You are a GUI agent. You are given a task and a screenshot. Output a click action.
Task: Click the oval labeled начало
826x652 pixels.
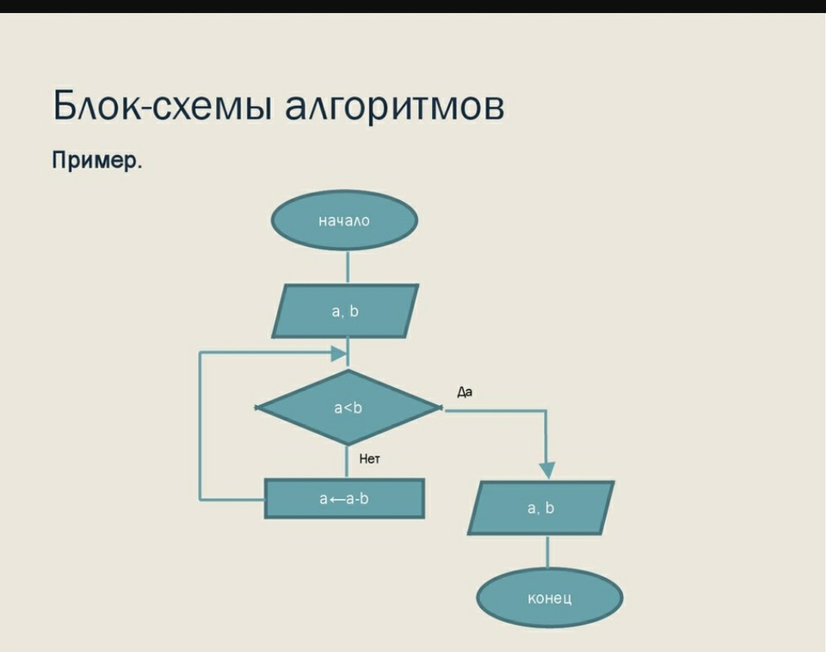point(344,220)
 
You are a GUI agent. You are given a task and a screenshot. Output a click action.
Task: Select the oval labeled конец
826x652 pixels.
point(550,598)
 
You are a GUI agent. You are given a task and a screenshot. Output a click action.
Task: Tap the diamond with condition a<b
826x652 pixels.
point(348,408)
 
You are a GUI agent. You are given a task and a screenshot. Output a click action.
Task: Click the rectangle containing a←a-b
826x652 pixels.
point(344,499)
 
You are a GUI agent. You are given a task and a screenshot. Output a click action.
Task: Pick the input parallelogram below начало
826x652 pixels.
point(345,311)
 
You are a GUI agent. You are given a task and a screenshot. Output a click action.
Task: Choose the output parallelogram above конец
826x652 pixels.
point(541,507)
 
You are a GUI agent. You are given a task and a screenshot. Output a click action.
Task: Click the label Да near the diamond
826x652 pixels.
point(465,392)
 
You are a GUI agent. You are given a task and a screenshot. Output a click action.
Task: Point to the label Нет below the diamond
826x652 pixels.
point(369,458)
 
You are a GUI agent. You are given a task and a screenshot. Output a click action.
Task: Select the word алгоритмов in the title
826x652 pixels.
point(395,107)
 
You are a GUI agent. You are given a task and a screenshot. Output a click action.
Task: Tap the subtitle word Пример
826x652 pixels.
point(97,160)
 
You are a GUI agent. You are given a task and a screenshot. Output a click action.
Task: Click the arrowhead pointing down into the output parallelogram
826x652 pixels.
point(547,471)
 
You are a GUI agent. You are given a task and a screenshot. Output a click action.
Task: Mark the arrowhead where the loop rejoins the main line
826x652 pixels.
point(339,354)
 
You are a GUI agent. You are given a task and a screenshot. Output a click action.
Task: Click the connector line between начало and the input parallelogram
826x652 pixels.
point(348,267)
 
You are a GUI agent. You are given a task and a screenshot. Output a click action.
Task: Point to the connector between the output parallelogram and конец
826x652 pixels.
point(547,552)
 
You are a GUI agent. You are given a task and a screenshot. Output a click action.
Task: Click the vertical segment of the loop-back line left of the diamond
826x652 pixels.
point(200,426)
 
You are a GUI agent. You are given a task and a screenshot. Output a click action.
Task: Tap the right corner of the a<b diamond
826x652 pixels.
point(441,408)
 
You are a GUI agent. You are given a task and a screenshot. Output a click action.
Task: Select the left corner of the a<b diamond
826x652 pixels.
point(255,408)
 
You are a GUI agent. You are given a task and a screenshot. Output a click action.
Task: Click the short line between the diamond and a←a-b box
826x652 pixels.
point(346,462)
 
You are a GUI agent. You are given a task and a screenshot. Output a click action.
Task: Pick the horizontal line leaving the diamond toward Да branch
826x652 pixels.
point(494,409)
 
